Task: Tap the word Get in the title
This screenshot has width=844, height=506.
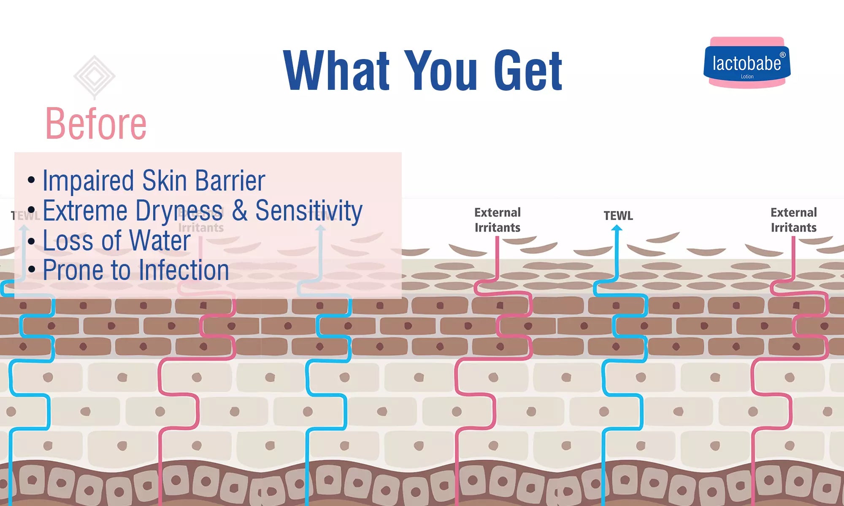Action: tap(528, 70)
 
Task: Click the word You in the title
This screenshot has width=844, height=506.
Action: tap(441, 70)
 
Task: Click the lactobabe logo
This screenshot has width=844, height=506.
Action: tap(747, 63)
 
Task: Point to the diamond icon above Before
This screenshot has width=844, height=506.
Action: tap(94, 77)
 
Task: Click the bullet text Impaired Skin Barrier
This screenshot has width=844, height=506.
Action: tap(154, 181)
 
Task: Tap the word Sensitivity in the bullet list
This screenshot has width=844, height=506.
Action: tap(309, 210)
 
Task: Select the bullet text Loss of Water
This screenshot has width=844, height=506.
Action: tap(116, 240)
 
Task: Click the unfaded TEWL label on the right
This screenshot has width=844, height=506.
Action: tap(618, 216)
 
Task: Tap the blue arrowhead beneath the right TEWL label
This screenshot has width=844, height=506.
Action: tap(617, 228)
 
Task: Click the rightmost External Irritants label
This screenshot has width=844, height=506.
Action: tap(793, 220)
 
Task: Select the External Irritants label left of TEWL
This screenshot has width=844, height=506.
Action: tap(497, 220)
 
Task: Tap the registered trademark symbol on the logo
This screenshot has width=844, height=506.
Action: tap(782, 55)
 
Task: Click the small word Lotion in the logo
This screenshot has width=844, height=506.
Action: tap(747, 77)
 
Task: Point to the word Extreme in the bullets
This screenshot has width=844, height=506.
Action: tap(85, 210)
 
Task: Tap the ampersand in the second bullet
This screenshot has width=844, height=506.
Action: tap(239, 210)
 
